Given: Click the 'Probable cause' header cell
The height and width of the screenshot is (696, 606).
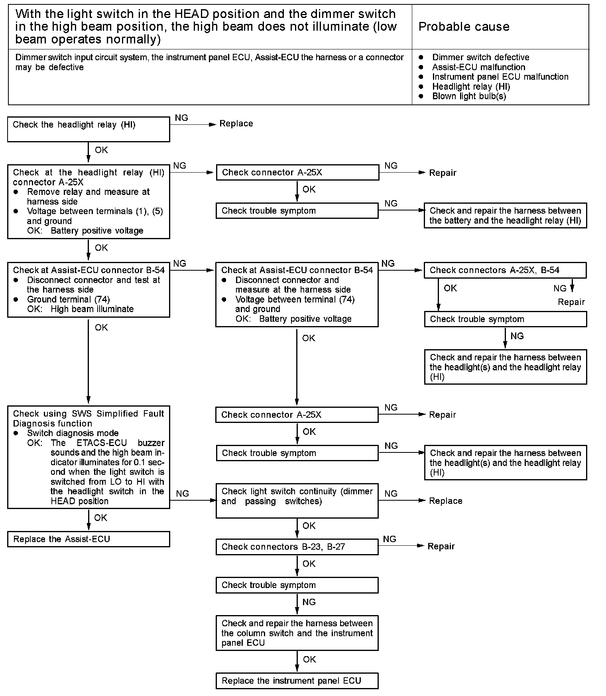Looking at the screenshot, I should (x=464, y=27).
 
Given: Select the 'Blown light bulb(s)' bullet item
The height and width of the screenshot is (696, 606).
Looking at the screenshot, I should (x=469, y=96).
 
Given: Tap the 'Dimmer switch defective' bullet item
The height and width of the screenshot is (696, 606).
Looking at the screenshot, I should (x=480, y=57).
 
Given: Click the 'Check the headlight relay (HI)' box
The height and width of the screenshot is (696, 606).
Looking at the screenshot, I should (x=89, y=129).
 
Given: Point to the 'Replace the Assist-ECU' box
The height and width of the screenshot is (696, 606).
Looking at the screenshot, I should (x=89, y=539).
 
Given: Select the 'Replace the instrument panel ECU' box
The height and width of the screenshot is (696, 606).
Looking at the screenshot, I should (x=297, y=680).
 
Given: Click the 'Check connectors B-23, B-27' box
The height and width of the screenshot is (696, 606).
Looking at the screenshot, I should (x=297, y=547).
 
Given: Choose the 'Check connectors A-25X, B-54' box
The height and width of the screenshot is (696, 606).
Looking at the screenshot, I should (x=505, y=270).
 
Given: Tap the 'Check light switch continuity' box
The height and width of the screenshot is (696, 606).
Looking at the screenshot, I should (x=297, y=501).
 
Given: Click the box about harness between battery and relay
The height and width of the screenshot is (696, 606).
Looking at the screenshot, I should (x=505, y=216).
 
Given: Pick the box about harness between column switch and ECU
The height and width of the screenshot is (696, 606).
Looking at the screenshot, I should (x=297, y=633).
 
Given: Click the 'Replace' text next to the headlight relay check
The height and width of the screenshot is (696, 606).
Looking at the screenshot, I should (x=236, y=124).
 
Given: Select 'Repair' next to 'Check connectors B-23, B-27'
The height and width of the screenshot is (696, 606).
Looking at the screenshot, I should (x=441, y=546).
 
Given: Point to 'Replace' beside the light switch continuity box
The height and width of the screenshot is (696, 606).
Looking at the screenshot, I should (x=445, y=501).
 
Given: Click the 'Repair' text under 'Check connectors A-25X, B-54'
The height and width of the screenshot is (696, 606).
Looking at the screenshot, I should (x=571, y=302).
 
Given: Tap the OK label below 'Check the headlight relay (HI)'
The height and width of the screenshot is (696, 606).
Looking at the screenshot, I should (x=101, y=150).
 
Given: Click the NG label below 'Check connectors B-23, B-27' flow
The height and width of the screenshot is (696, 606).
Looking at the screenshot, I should (x=309, y=602).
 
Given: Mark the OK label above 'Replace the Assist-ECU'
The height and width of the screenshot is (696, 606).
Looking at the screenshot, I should (x=100, y=517).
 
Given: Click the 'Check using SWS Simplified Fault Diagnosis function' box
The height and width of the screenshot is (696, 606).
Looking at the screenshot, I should (x=89, y=457).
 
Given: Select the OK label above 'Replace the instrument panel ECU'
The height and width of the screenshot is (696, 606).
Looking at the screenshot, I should (x=309, y=659).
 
